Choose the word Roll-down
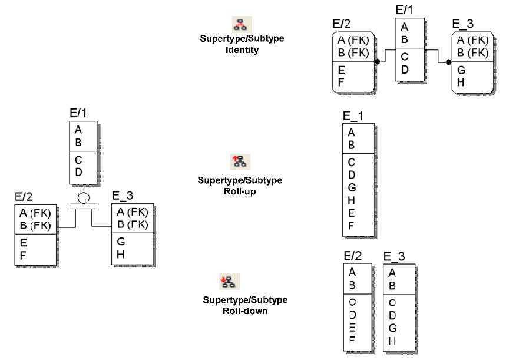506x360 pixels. click(x=242, y=311)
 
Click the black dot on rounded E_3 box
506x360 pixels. click(x=448, y=62)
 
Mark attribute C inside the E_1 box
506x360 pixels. click(x=352, y=163)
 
